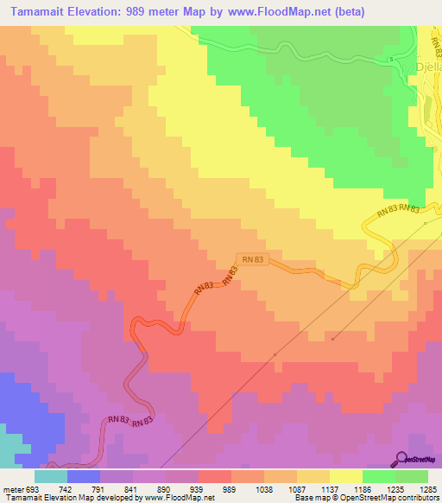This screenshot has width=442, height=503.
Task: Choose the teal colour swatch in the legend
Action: pos(51,476)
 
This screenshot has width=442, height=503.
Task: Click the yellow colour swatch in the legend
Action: pos(346,476)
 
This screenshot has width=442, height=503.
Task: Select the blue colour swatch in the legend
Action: pos(84,476)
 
